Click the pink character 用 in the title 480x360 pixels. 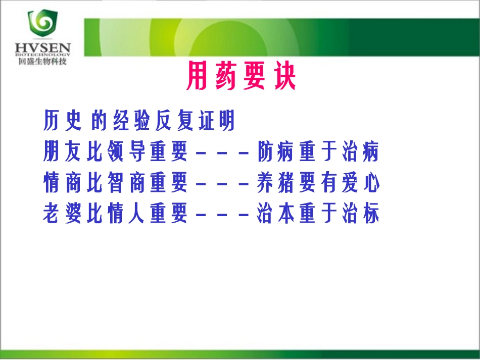click(x=197, y=77)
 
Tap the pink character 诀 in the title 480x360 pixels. click(x=285, y=77)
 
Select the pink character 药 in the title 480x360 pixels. click(x=226, y=77)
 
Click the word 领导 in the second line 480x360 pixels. click(x=128, y=152)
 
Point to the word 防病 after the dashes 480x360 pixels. click(x=277, y=152)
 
